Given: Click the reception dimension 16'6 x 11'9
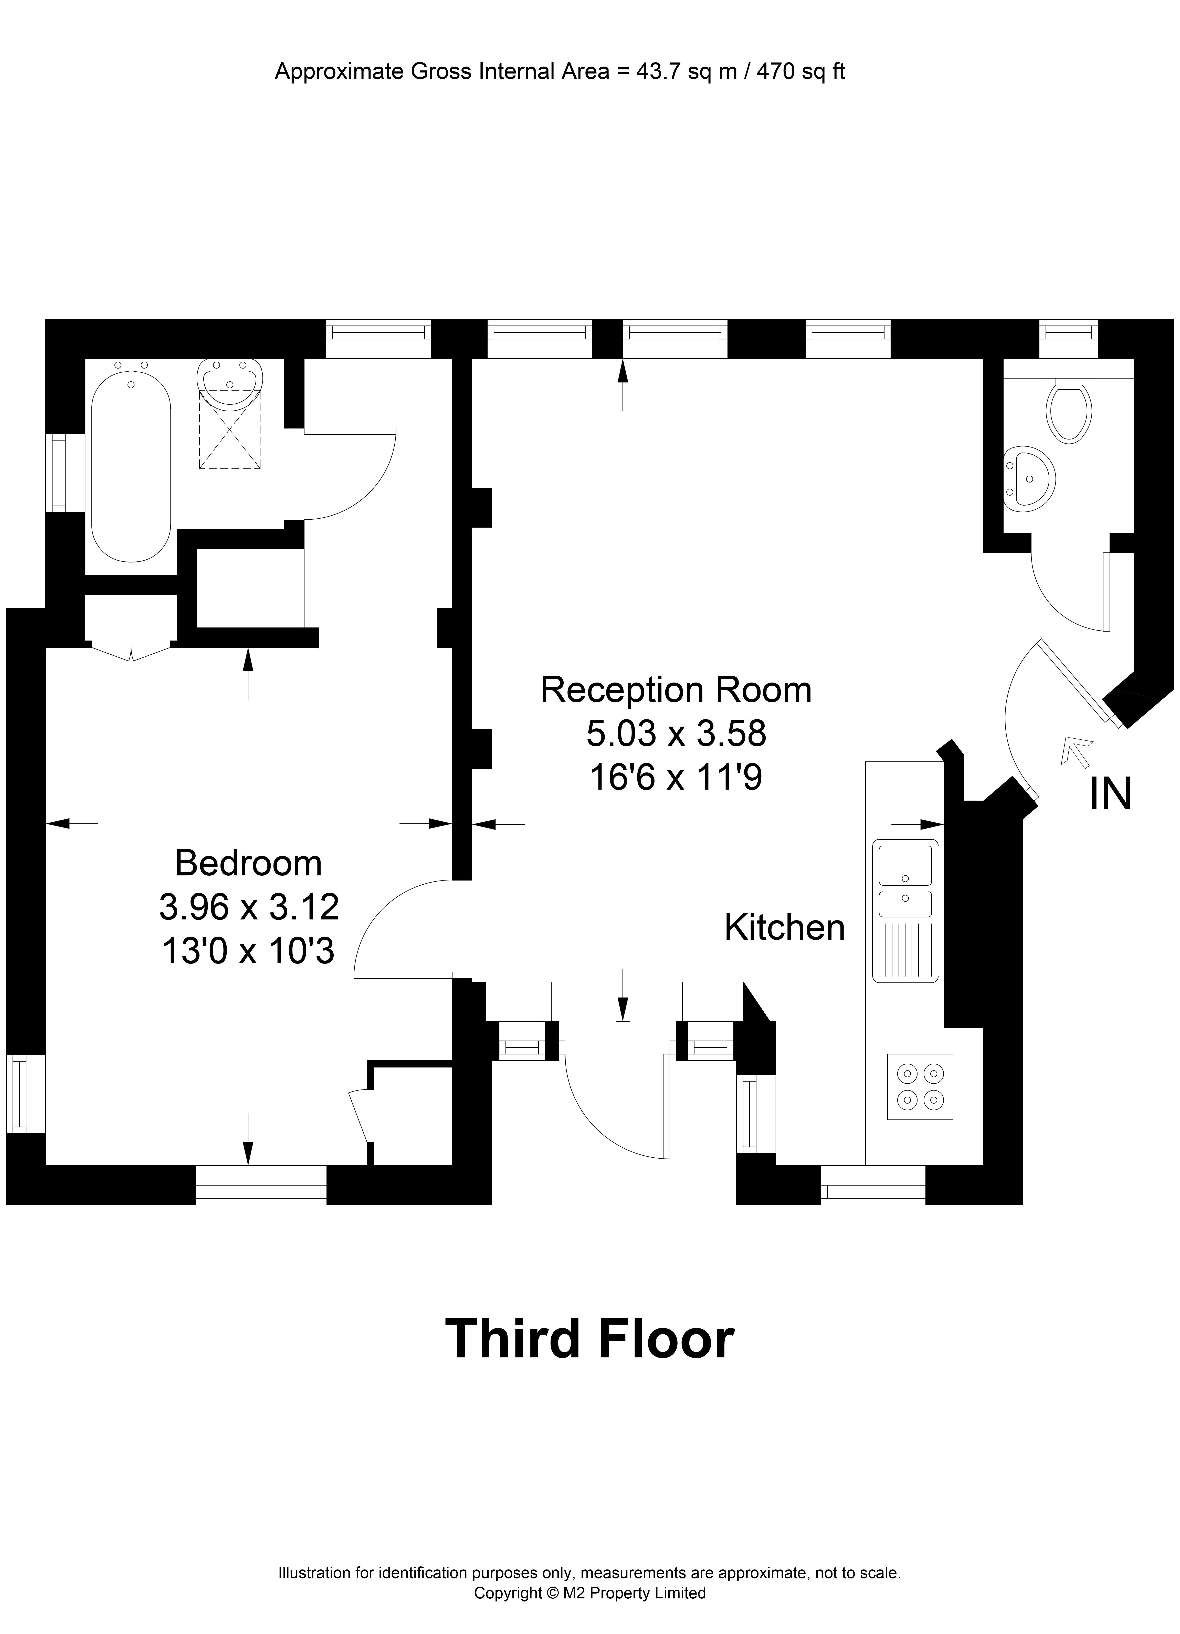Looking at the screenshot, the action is pos(676,778).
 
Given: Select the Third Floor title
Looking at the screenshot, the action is pos(589,1339).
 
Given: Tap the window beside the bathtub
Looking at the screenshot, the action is pos(56,473).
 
